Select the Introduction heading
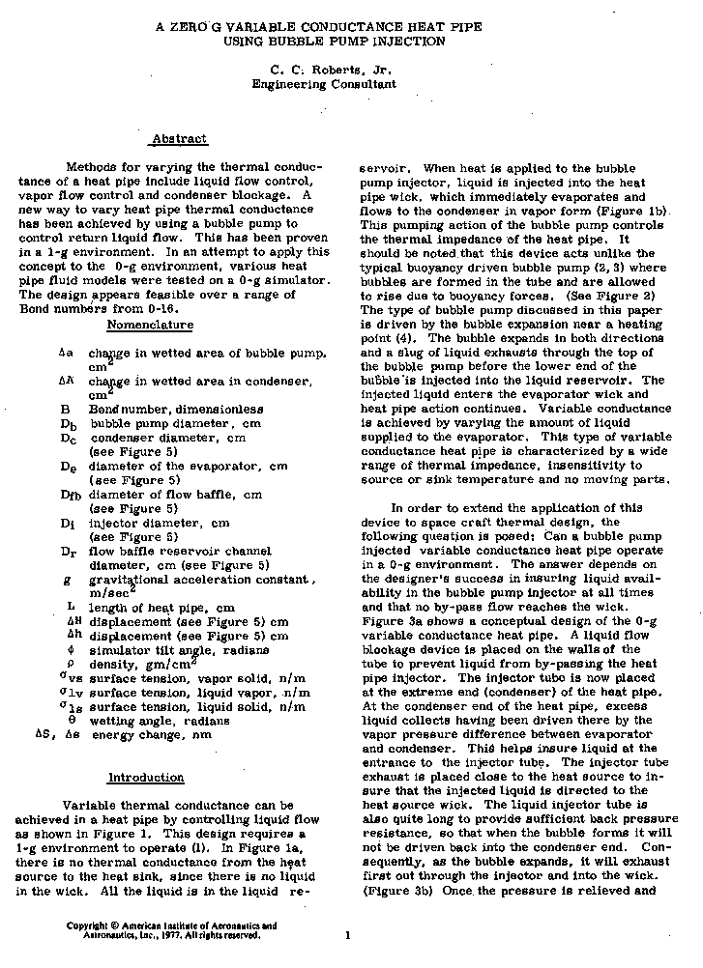point(145,777)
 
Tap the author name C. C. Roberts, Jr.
point(322,70)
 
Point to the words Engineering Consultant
point(323,84)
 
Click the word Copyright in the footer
point(86,925)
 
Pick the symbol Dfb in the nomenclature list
point(70,495)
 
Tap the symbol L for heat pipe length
point(71,607)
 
